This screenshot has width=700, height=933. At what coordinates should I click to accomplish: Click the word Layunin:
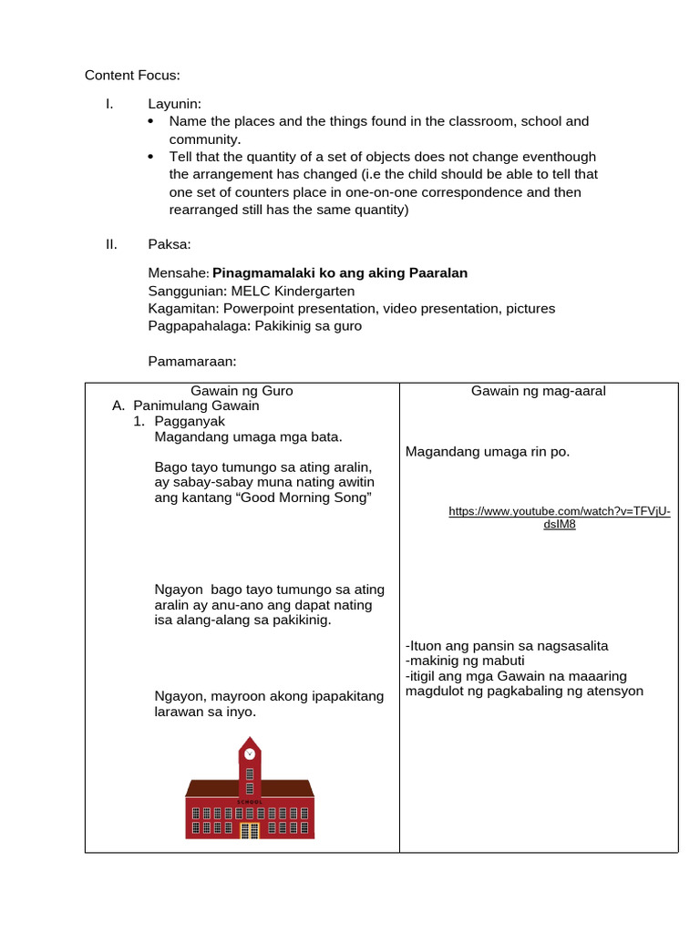[x=174, y=104]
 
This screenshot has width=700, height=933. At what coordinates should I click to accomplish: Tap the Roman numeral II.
[x=111, y=244]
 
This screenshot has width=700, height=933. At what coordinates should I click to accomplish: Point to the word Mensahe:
[x=179, y=273]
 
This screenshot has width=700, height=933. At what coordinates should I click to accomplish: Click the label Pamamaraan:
[x=192, y=362]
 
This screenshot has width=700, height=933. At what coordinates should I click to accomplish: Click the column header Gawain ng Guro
[x=242, y=391]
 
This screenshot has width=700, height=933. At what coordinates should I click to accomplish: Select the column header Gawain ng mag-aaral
[x=538, y=391]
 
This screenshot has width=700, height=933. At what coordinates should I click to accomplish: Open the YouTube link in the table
[x=559, y=518]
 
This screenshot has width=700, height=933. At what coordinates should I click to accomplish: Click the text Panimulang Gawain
[x=196, y=405]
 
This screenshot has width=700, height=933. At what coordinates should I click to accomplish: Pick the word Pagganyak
[x=190, y=421]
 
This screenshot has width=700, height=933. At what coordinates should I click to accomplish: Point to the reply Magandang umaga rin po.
[x=487, y=451]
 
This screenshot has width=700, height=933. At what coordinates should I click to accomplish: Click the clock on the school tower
[x=250, y=754]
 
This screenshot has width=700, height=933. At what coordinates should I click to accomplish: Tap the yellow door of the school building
[x=250, y=829]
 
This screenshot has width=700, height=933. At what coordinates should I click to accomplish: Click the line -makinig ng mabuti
[x=465, y=661]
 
